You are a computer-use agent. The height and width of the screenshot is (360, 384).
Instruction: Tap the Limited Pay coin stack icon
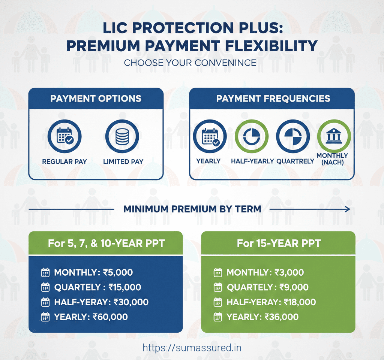pyautogui.click(x=122, y=137)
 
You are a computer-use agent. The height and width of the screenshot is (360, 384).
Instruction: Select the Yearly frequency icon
pyautogui.click(x=210, y=137)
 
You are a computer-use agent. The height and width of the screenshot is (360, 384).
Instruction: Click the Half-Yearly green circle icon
pyautogui.click(x=251, y=137)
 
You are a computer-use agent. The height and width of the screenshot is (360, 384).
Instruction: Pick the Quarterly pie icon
pyautogui.click(x=292, y=137)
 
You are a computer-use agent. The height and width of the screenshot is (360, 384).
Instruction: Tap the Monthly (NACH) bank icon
pyautogui.click(x=334, y=137)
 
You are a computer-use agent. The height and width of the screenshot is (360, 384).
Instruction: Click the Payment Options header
pyautogui.click(x=96, y=99)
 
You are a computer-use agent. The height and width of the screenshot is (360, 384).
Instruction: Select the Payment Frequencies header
pyautogui.click(x=273, y=99)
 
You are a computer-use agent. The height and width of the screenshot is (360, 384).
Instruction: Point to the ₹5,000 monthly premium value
pyautogui.click(x=118, y=273)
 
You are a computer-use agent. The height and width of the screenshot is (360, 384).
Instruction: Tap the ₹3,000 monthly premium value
pyautogui.click(x=289, y=273)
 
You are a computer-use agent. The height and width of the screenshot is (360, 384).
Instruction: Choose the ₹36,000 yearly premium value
pyautogui.click(x=281, y=317)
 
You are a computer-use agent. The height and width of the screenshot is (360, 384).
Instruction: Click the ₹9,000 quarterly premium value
pyautogui.click(x=294, y=287)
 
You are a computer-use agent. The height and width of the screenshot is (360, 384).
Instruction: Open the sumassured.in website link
pyautogui.click(x=192, y=348)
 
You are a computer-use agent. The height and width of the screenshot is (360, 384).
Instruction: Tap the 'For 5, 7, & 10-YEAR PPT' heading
pyautogui.click(x=106, y=243)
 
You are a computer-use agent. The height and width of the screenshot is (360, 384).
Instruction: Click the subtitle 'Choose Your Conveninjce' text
pyautogui.click(x=190, y=62)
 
